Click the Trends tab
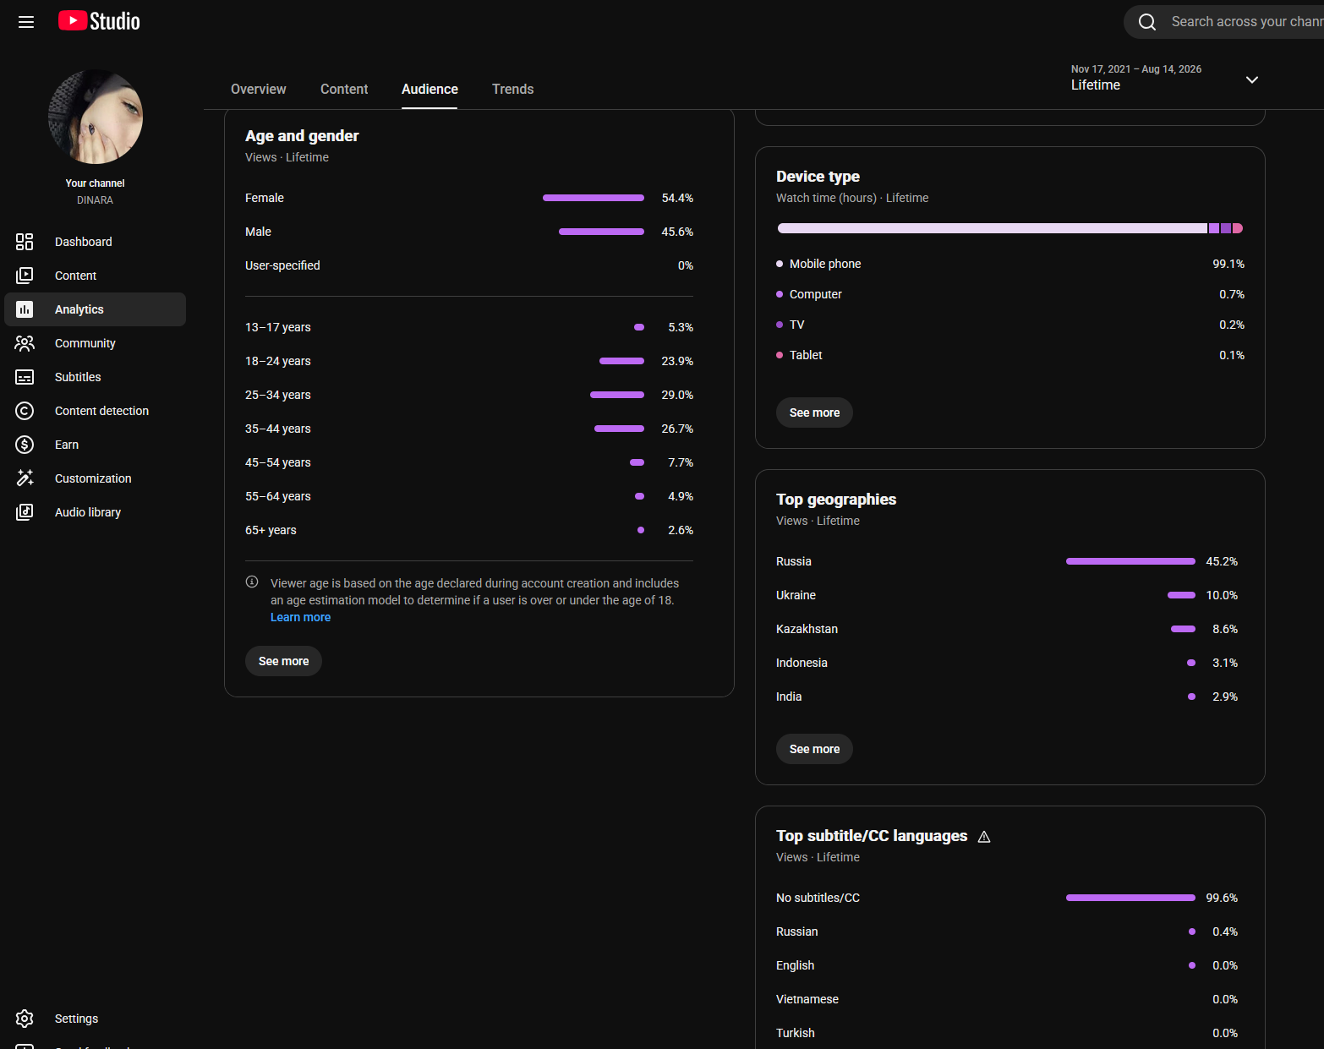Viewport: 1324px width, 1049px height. (x=512, y=90)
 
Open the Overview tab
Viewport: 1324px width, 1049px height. (x=259, y=90)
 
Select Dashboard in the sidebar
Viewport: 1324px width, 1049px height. (x=83, y=242)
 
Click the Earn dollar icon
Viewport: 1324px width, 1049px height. (x=25, y=445)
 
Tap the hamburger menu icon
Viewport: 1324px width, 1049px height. (x=26, y=22)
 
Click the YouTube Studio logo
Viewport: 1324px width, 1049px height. (x=99, y=21)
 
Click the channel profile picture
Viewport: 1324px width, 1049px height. (x=96, y=117)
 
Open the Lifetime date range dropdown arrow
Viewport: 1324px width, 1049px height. (x=1251, y=80)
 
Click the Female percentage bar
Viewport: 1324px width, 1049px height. (x=593, y=198)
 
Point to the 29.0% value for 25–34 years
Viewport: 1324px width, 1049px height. (x=677, y=395)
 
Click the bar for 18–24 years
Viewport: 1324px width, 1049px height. (x=621, y=361)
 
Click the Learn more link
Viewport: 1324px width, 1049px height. (x=300, y=617)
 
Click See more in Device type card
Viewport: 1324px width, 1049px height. (x=814, y=412)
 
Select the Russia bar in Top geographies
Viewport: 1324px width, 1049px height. (x=1130, y=562)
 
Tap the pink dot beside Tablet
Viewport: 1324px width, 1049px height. (x=780, y=355)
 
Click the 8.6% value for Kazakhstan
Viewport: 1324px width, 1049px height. (x=1225, y=630)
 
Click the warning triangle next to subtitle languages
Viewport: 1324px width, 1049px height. (x=984, y=837)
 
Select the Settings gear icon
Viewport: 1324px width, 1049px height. (x=25, y=1019)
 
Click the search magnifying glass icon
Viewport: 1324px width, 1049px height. (x=1146, y=22)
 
